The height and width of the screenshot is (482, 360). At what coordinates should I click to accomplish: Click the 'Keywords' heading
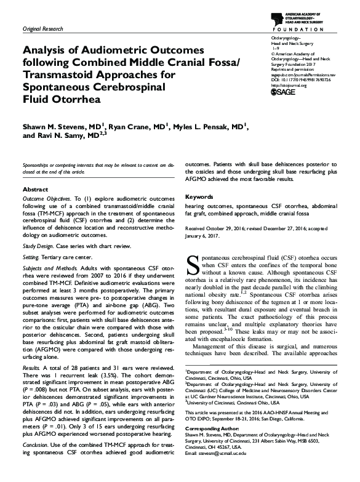tap(199, 196)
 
